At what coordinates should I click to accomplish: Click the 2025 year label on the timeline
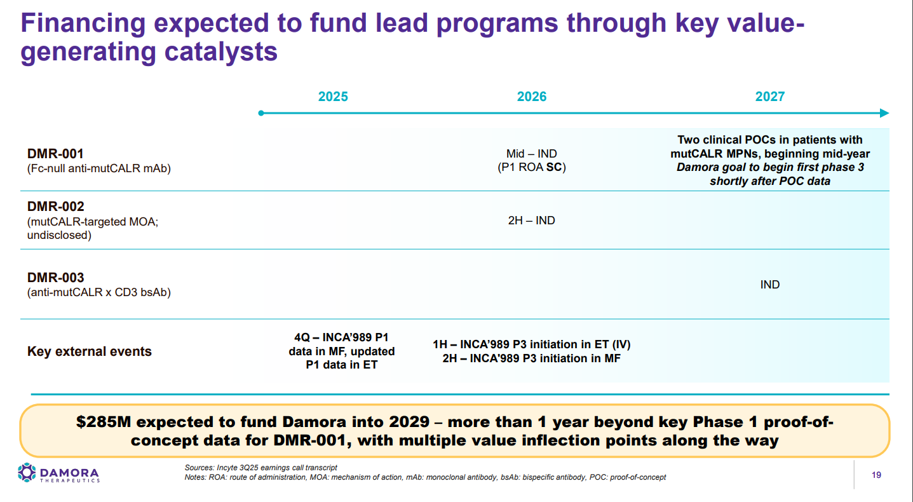(x=333, y=97)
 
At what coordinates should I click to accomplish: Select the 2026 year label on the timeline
(x=532, y=97)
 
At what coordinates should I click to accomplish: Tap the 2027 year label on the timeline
(x=769, y=97)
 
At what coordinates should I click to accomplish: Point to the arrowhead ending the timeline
(x=884, y=113)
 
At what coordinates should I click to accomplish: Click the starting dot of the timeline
(x=261, y=113)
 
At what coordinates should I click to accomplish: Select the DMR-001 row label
(x=55, y=154)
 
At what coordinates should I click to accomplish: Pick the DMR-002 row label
(x=55, y=207)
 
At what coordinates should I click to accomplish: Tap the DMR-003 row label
(x=55, y=278)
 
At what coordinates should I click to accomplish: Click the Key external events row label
(x=90, y=351)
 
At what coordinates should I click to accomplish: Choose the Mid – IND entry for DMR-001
(x=531, y=154)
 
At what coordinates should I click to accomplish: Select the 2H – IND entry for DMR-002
(x=531, y=220)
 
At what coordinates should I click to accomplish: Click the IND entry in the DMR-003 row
(x=769, y=284)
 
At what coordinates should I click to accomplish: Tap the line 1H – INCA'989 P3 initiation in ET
(x=531, y=344)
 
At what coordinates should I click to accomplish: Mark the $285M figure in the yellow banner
(x=101, y=423)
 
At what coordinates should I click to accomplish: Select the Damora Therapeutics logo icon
(x=27, y=472)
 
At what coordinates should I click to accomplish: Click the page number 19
(x=877, y=475)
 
